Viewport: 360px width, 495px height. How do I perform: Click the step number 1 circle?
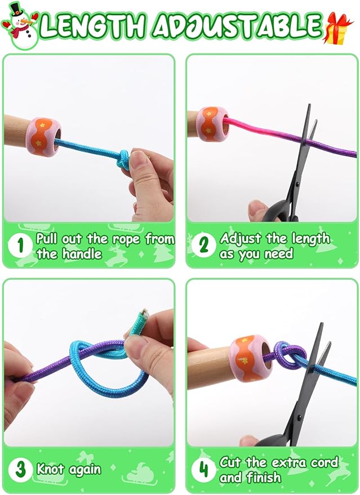[x=21, y=246]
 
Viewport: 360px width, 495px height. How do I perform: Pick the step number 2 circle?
[x=203, y=246]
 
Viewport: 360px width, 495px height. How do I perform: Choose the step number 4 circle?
[x=203, y=470]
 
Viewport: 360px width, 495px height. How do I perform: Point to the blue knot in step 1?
[x=123, y=159]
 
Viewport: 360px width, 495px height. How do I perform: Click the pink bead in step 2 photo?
[x=213, y=124]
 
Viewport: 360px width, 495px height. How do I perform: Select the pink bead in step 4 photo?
[x=252, y=359]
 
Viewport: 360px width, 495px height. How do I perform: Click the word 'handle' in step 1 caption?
[x=81, y=254]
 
